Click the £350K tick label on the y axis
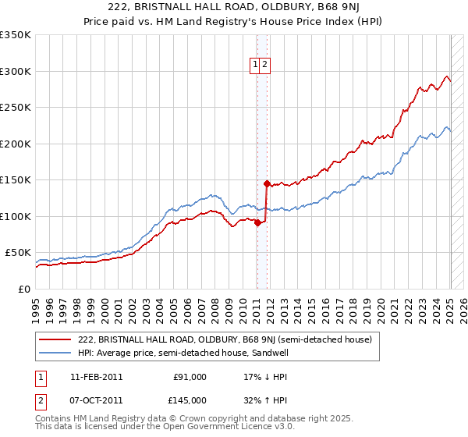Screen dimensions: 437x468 16,35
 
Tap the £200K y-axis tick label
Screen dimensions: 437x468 16,144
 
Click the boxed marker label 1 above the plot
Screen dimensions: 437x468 255,66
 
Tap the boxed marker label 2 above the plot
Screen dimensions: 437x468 265,66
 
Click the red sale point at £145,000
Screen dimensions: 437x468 267,184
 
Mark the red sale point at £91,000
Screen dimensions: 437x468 257,222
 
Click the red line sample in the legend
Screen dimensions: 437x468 55,339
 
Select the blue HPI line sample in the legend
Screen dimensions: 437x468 55,353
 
